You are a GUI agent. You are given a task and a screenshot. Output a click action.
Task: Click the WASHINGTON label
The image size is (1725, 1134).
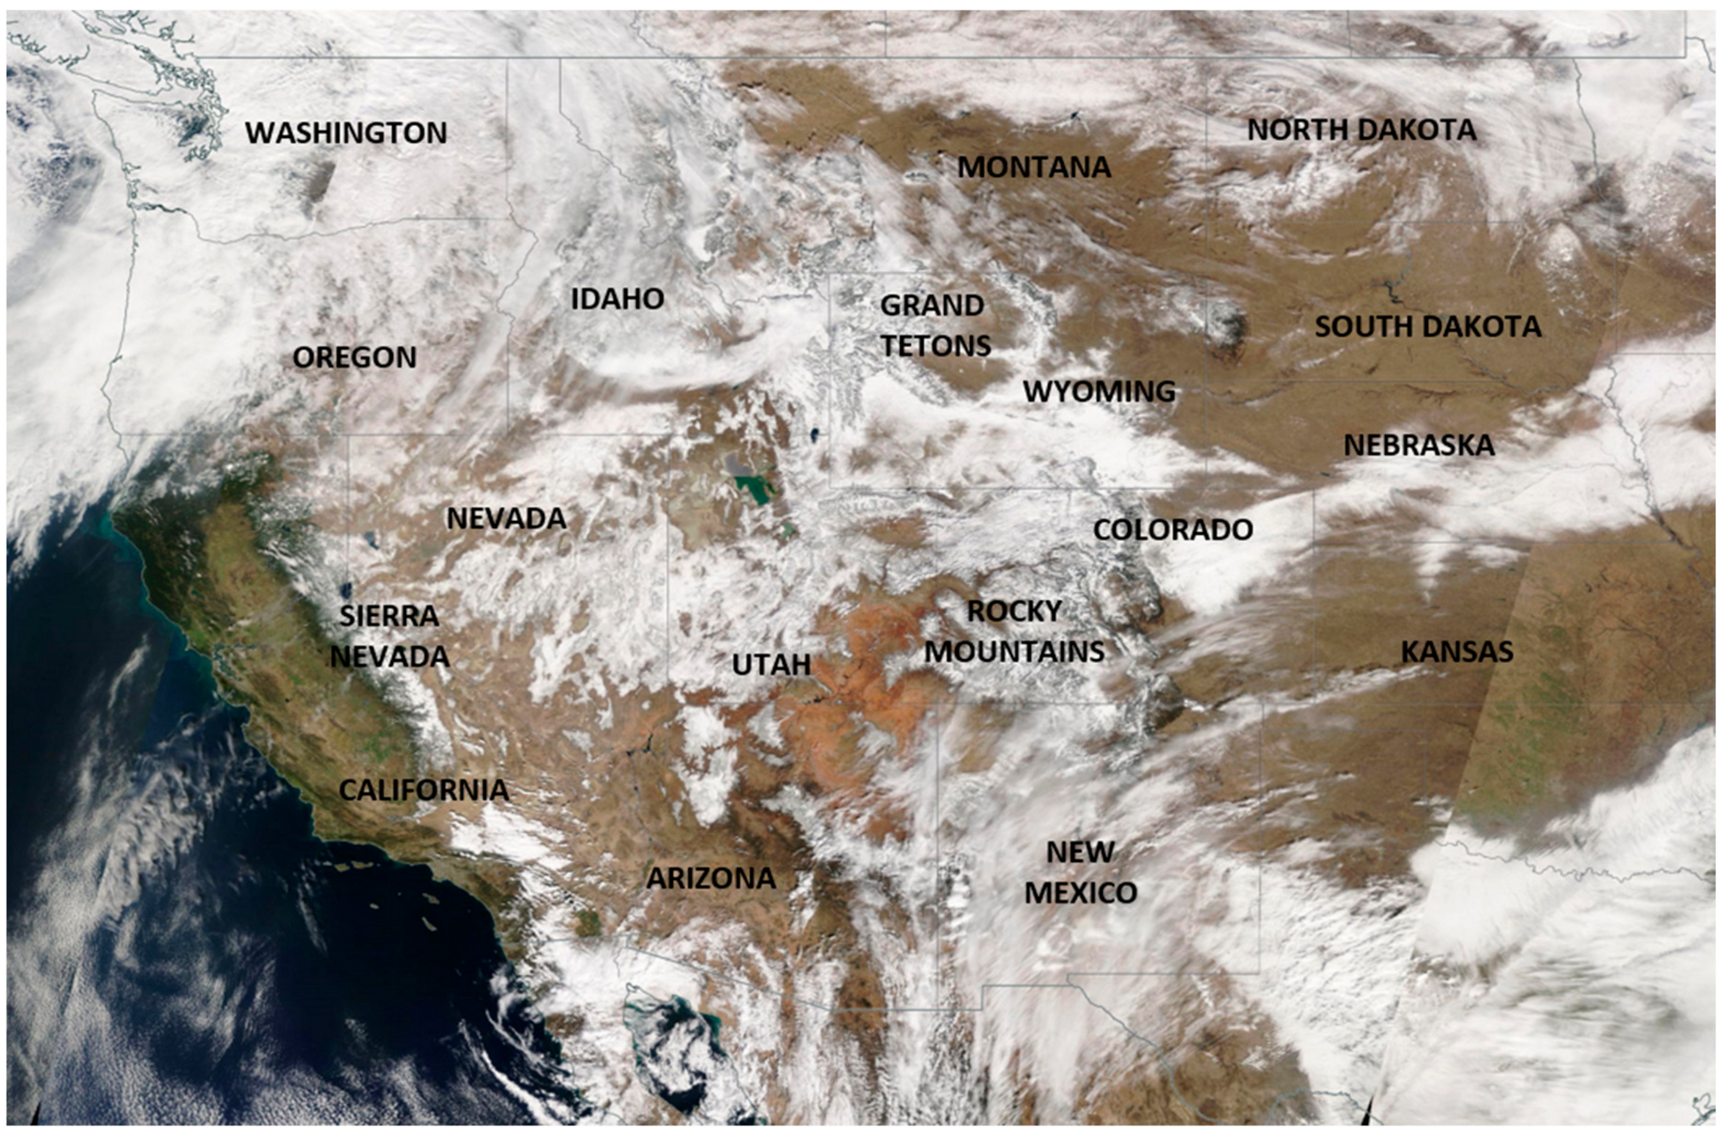[346, 133]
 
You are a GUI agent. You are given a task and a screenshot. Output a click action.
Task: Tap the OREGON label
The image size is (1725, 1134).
[354, 357]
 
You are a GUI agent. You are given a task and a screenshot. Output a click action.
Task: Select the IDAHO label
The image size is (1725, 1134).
[618, 299]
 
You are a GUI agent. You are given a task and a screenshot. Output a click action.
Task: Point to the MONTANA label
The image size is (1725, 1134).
[1034, 167]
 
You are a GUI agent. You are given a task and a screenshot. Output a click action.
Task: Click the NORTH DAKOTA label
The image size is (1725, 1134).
[1361, 130]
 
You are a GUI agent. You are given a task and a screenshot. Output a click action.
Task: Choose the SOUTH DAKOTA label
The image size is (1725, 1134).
[1428, 326]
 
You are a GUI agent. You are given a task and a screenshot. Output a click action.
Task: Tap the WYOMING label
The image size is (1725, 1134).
[1099, 391]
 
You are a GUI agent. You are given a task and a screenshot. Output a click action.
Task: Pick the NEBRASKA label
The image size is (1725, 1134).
[1419, 445]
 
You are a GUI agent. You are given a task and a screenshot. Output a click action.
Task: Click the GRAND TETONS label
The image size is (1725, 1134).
[934, 325]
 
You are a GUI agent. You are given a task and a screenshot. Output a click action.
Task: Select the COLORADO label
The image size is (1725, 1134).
[1172, 529]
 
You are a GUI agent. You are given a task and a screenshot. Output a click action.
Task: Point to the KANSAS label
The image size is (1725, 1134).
[1457, 652]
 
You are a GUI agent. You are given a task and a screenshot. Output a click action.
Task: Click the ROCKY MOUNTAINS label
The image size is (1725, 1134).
[1014, 631]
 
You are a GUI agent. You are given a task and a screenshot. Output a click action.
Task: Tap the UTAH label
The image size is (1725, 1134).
[771, 665]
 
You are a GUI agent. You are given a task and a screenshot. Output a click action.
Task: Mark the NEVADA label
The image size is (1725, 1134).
[506, 518]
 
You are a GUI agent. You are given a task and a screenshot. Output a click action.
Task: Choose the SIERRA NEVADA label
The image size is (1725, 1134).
[389, 637]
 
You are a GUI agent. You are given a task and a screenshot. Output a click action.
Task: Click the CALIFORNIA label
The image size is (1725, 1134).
[423, 790]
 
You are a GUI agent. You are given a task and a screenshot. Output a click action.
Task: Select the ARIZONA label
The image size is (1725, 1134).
[711, 878]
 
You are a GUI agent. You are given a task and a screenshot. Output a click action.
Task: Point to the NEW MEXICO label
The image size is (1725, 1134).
[1080, 872]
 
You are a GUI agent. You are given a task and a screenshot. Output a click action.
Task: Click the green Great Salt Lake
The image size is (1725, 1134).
[752, 488]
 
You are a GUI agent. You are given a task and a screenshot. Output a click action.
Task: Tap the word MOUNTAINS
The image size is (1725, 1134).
[1014, 652]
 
